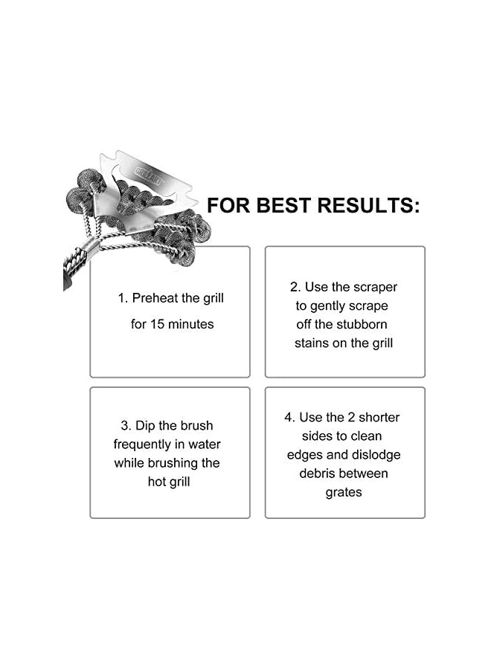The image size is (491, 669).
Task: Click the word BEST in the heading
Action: pos(281,205)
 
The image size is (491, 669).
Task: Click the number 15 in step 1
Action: pos(159,324)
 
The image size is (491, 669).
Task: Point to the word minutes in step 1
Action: pos(192,324)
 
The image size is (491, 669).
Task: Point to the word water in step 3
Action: pos(203,445)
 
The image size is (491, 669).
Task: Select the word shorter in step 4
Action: pos(375,417)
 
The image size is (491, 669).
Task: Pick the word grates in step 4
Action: pos(344,492)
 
